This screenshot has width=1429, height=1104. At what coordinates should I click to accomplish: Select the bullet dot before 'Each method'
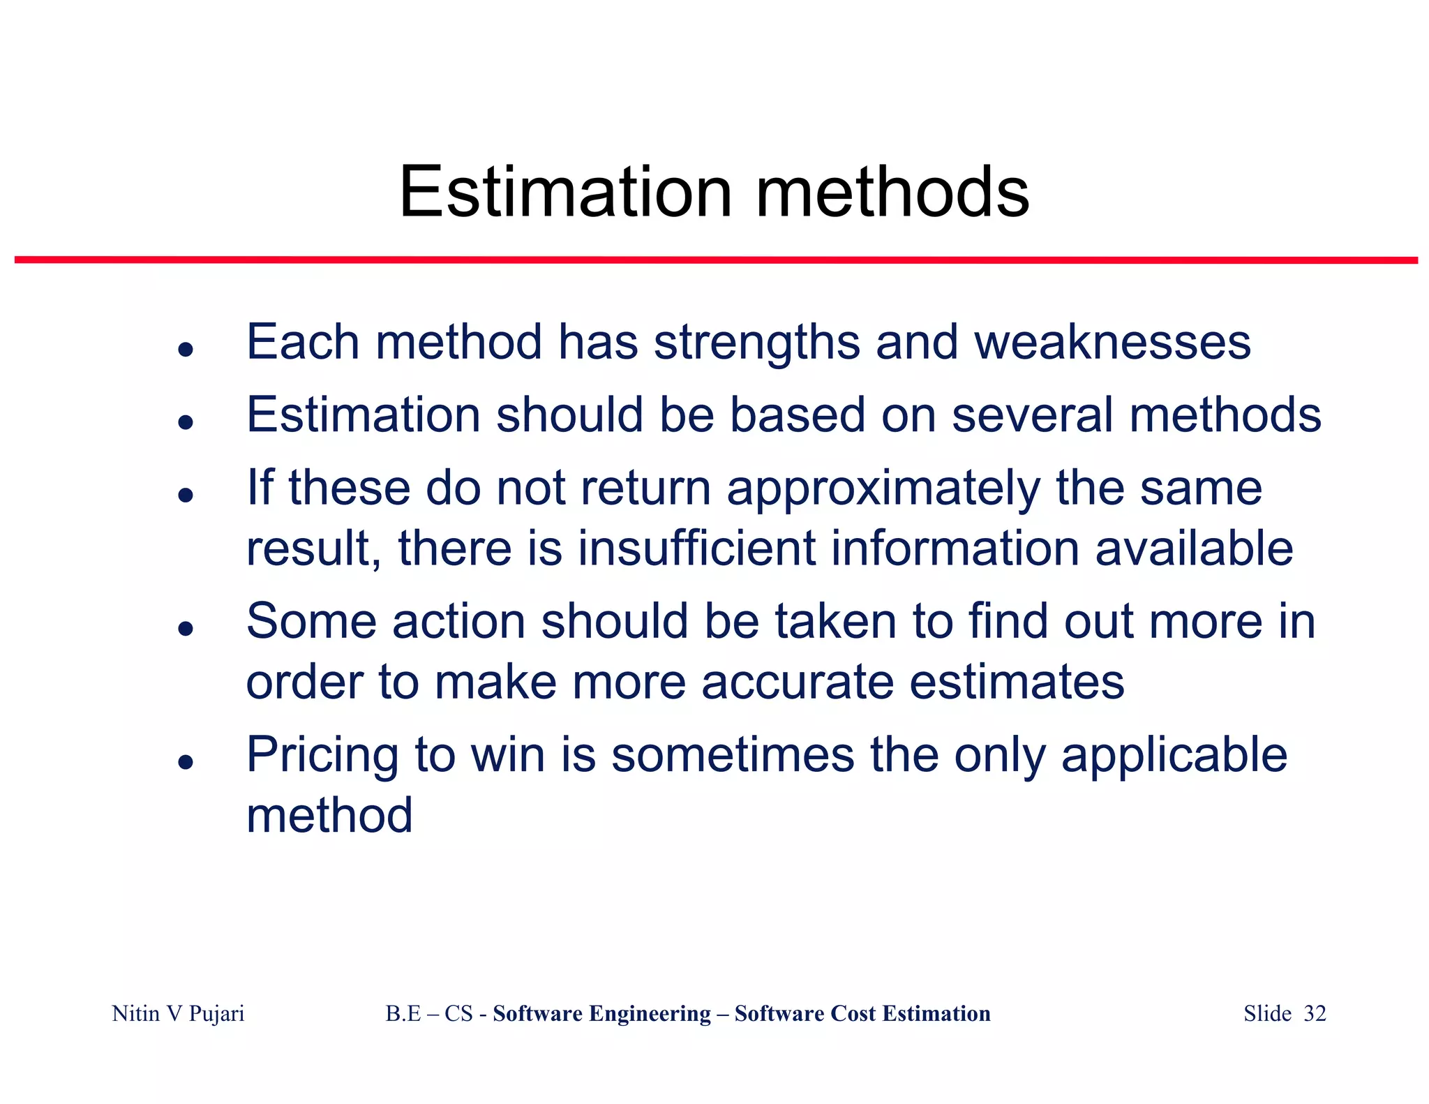pyautogui.click(x=185, y=349)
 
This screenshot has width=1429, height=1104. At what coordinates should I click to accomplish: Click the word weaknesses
pyautogui.click(x=1112, y=343)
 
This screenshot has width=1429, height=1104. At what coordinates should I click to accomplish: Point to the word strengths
pyautogui.click(x=756, y=344)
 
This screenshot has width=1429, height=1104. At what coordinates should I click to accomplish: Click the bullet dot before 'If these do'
pyautogui.click(x=185, y=495)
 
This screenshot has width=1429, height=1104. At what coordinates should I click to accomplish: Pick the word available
pyautogui.click(x=1194, y=548)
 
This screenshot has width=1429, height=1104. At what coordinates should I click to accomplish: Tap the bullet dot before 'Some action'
pyautogui.click(x=185, y=628)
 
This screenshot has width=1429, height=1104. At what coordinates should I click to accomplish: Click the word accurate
pyautogui.click(x=797, y=682)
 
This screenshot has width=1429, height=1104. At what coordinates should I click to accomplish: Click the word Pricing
pyautogui.click(x=322, y=756)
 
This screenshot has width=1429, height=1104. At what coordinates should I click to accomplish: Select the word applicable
pyautogui.click(x=1174, y=756)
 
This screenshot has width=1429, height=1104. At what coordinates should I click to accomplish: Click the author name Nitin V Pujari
pyautogui.click(x=178, y=1013)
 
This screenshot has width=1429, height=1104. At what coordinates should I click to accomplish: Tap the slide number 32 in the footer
pyautogui.click(x=1315, y=1013)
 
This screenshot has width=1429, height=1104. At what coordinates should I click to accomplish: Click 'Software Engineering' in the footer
pyautogui.click(x=601, y=1013)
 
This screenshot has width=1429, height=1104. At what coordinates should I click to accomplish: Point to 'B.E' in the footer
pyautogui.click(x=403, y=1013)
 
